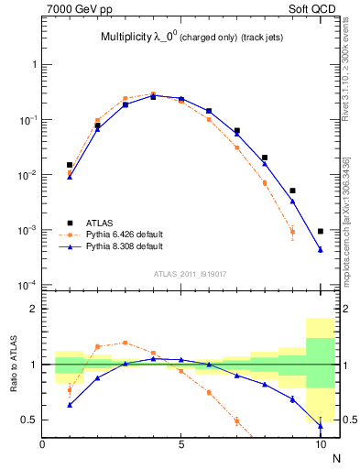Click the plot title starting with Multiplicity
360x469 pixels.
191,38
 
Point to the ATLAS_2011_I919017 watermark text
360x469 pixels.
191,273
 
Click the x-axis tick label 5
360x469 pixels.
181,446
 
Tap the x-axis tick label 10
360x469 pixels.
320,446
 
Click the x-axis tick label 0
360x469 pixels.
42,446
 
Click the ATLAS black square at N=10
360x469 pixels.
320,232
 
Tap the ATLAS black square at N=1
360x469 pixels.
70,165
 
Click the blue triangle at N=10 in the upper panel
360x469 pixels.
320,249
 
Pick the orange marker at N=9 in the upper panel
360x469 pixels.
292,232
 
